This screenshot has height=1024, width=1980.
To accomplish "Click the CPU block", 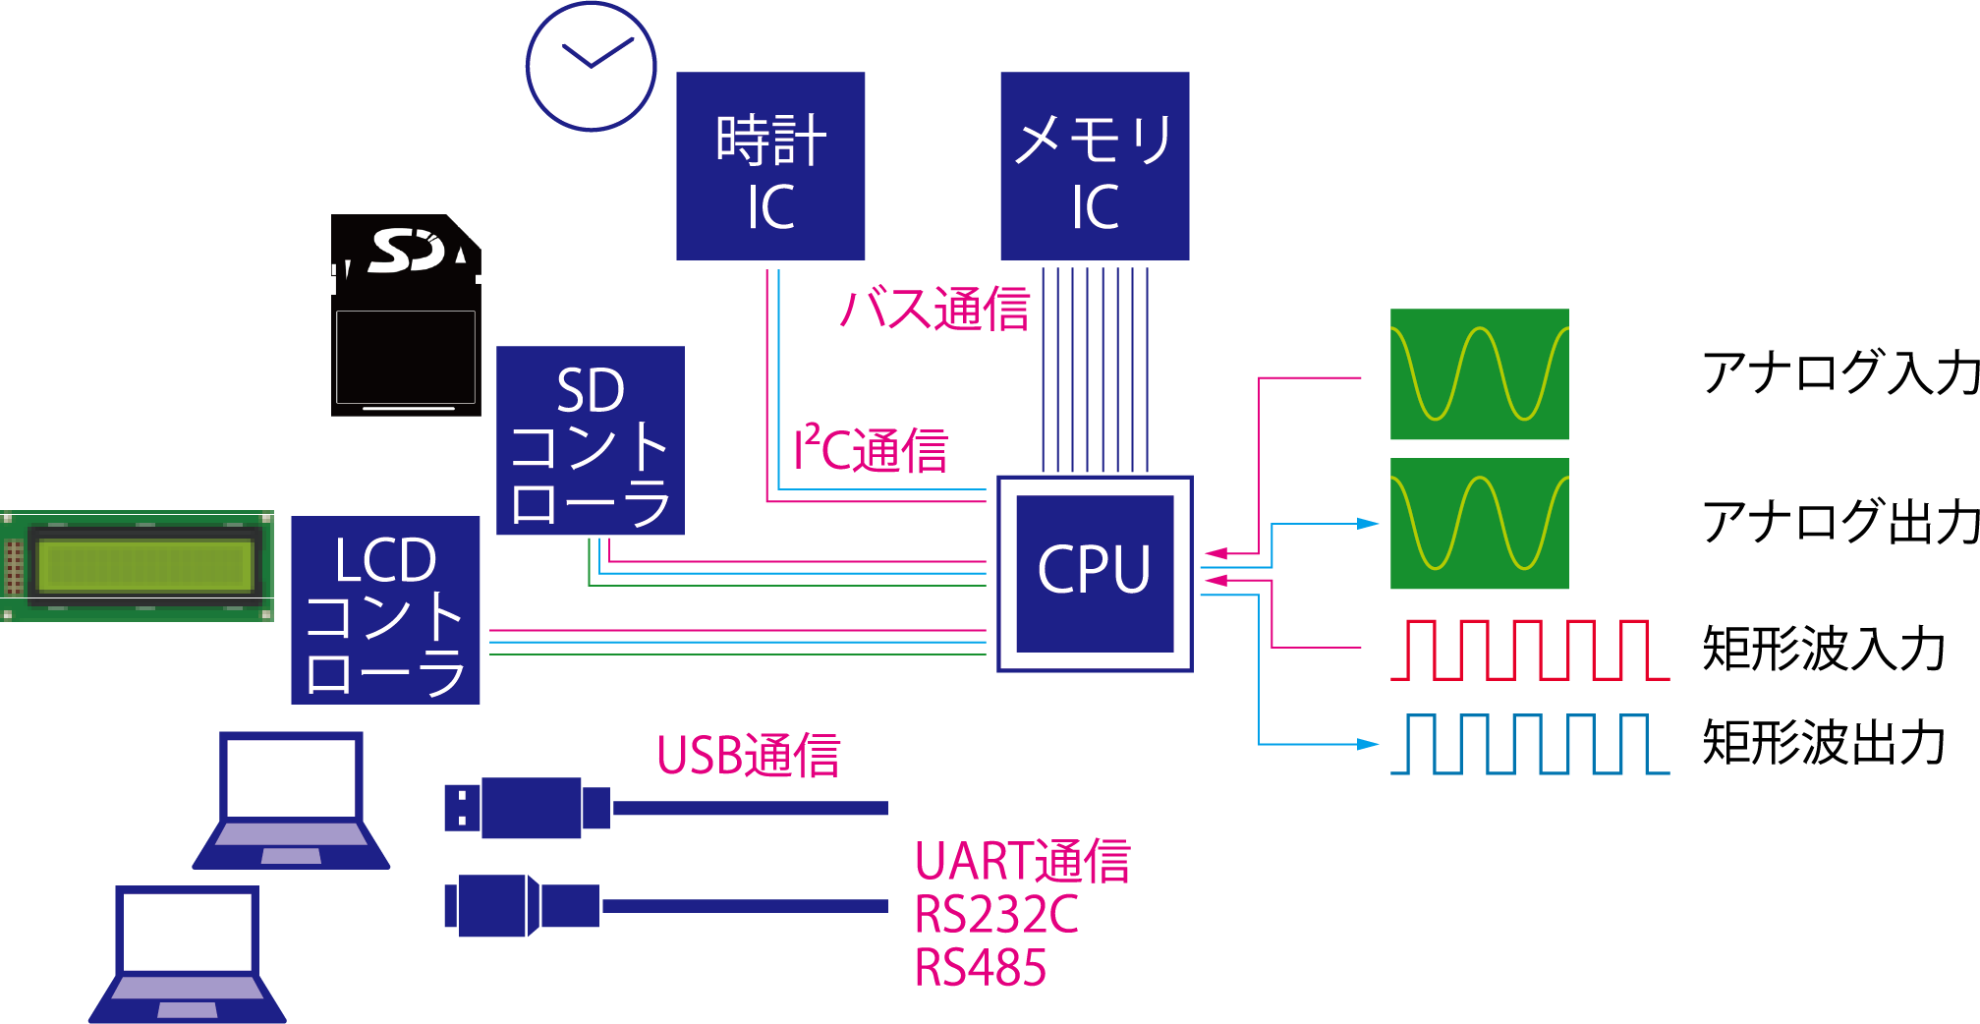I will [x=1095, y=574].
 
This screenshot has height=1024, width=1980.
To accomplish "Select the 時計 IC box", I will [x=770, y=166].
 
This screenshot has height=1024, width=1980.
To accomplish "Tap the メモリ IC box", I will [x=1095, y=166].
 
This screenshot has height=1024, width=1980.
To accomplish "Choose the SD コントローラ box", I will [x=590, y=440].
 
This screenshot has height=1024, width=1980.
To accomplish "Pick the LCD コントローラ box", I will [x=385, y=610].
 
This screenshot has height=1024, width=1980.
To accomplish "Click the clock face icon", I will [x=591, y=67].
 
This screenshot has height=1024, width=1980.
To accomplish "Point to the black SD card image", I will [x=406, y=316].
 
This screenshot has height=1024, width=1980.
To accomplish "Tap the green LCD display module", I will [x=138, y=566].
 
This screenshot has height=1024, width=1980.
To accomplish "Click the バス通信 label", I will [x=935, y=310].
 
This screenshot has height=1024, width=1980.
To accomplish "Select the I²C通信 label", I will [x=871, y=451].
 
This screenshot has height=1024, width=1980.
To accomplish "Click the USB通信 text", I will [x=749, y=756].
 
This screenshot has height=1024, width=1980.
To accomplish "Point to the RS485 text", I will [x=980, y=968].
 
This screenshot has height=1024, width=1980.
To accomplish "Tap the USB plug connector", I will [x=526, y=808].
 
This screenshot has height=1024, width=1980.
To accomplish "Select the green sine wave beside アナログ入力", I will [x=1479, y=374].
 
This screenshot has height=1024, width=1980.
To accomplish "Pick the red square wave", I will [x=1529, y=650].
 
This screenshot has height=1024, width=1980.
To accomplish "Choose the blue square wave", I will [x=1529, y=744].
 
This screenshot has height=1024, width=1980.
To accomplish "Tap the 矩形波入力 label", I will [x=1824, y=650].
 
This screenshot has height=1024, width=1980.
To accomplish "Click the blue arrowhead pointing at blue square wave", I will [x=1368, y=744].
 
